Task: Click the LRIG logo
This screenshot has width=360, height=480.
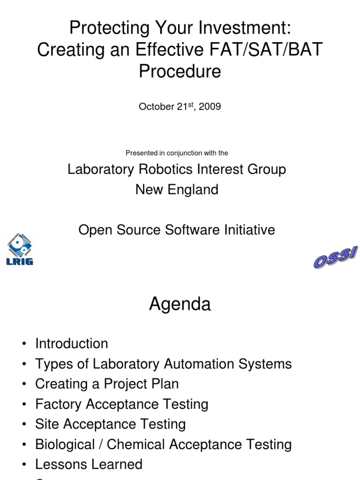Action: [20, 249]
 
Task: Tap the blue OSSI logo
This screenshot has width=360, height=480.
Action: [335, 257]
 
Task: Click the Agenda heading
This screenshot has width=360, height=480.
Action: [180, 304]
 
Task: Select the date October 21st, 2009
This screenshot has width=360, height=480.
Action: [180, 106]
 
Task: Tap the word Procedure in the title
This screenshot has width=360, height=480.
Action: [180, 72]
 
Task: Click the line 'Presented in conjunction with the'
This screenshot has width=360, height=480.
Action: [177, 153]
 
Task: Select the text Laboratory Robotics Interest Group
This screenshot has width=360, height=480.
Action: [177, 169]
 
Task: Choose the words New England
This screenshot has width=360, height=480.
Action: [177, 189]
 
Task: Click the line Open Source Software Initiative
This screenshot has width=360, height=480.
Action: [177, 230]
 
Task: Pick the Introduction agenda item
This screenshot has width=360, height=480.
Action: [71, 344]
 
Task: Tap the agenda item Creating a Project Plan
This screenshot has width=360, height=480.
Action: [107, 384]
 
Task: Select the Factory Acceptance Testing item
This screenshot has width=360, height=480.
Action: [121, 404]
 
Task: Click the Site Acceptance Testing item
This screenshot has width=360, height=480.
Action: [110, 424]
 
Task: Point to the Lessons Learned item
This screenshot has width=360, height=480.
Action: [89, 465]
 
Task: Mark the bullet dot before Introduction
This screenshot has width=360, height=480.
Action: [24, 344]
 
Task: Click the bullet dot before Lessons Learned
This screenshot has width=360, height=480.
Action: [24, 465]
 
